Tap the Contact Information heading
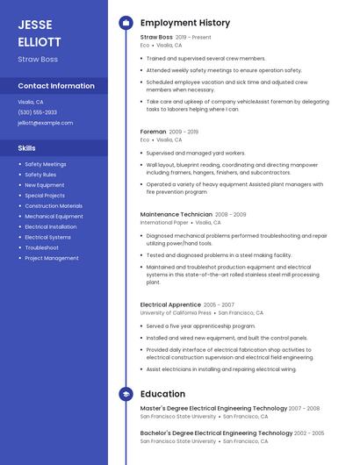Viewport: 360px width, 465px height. click(56, 86)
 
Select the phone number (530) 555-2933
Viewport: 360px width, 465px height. click(37, 112)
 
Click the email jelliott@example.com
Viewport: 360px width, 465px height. click(45, 123)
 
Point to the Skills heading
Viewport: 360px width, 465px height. click(26, 148)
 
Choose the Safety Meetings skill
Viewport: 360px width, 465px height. click(45, 164)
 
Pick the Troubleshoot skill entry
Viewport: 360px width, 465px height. click(42, 247)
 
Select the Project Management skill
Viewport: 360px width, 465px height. click(51, 258)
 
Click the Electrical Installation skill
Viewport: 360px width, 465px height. click(50, 226)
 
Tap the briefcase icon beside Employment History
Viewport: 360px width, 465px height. click(126, 23)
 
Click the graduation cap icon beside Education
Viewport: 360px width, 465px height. click(126, 394)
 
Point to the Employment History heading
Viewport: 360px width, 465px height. click(185, 23)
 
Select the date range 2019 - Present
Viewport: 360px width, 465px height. click(193, 38)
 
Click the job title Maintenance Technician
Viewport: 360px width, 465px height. click(176, 214)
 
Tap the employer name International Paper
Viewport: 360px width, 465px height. click(163, 223)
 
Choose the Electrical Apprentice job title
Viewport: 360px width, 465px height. click(170, 304)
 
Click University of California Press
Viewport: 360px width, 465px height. click(176, 312)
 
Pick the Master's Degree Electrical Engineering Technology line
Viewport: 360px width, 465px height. click(213, 408)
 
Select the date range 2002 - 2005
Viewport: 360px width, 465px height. click(309, 433)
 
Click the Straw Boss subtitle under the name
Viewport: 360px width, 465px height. click(38, 59)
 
